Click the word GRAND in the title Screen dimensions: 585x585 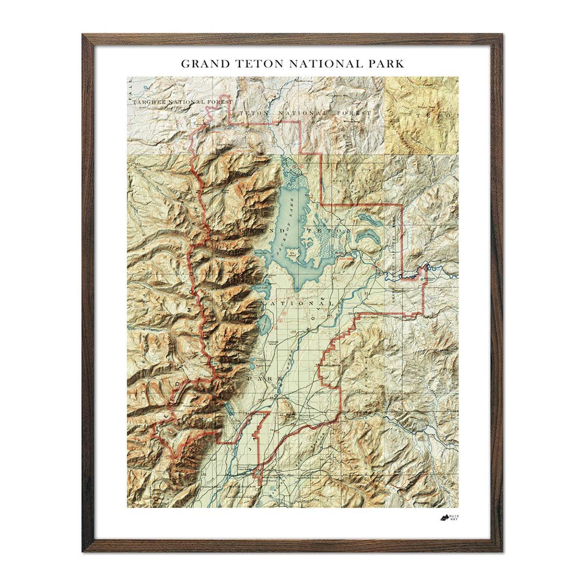204,63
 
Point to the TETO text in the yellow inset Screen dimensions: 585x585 436,117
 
